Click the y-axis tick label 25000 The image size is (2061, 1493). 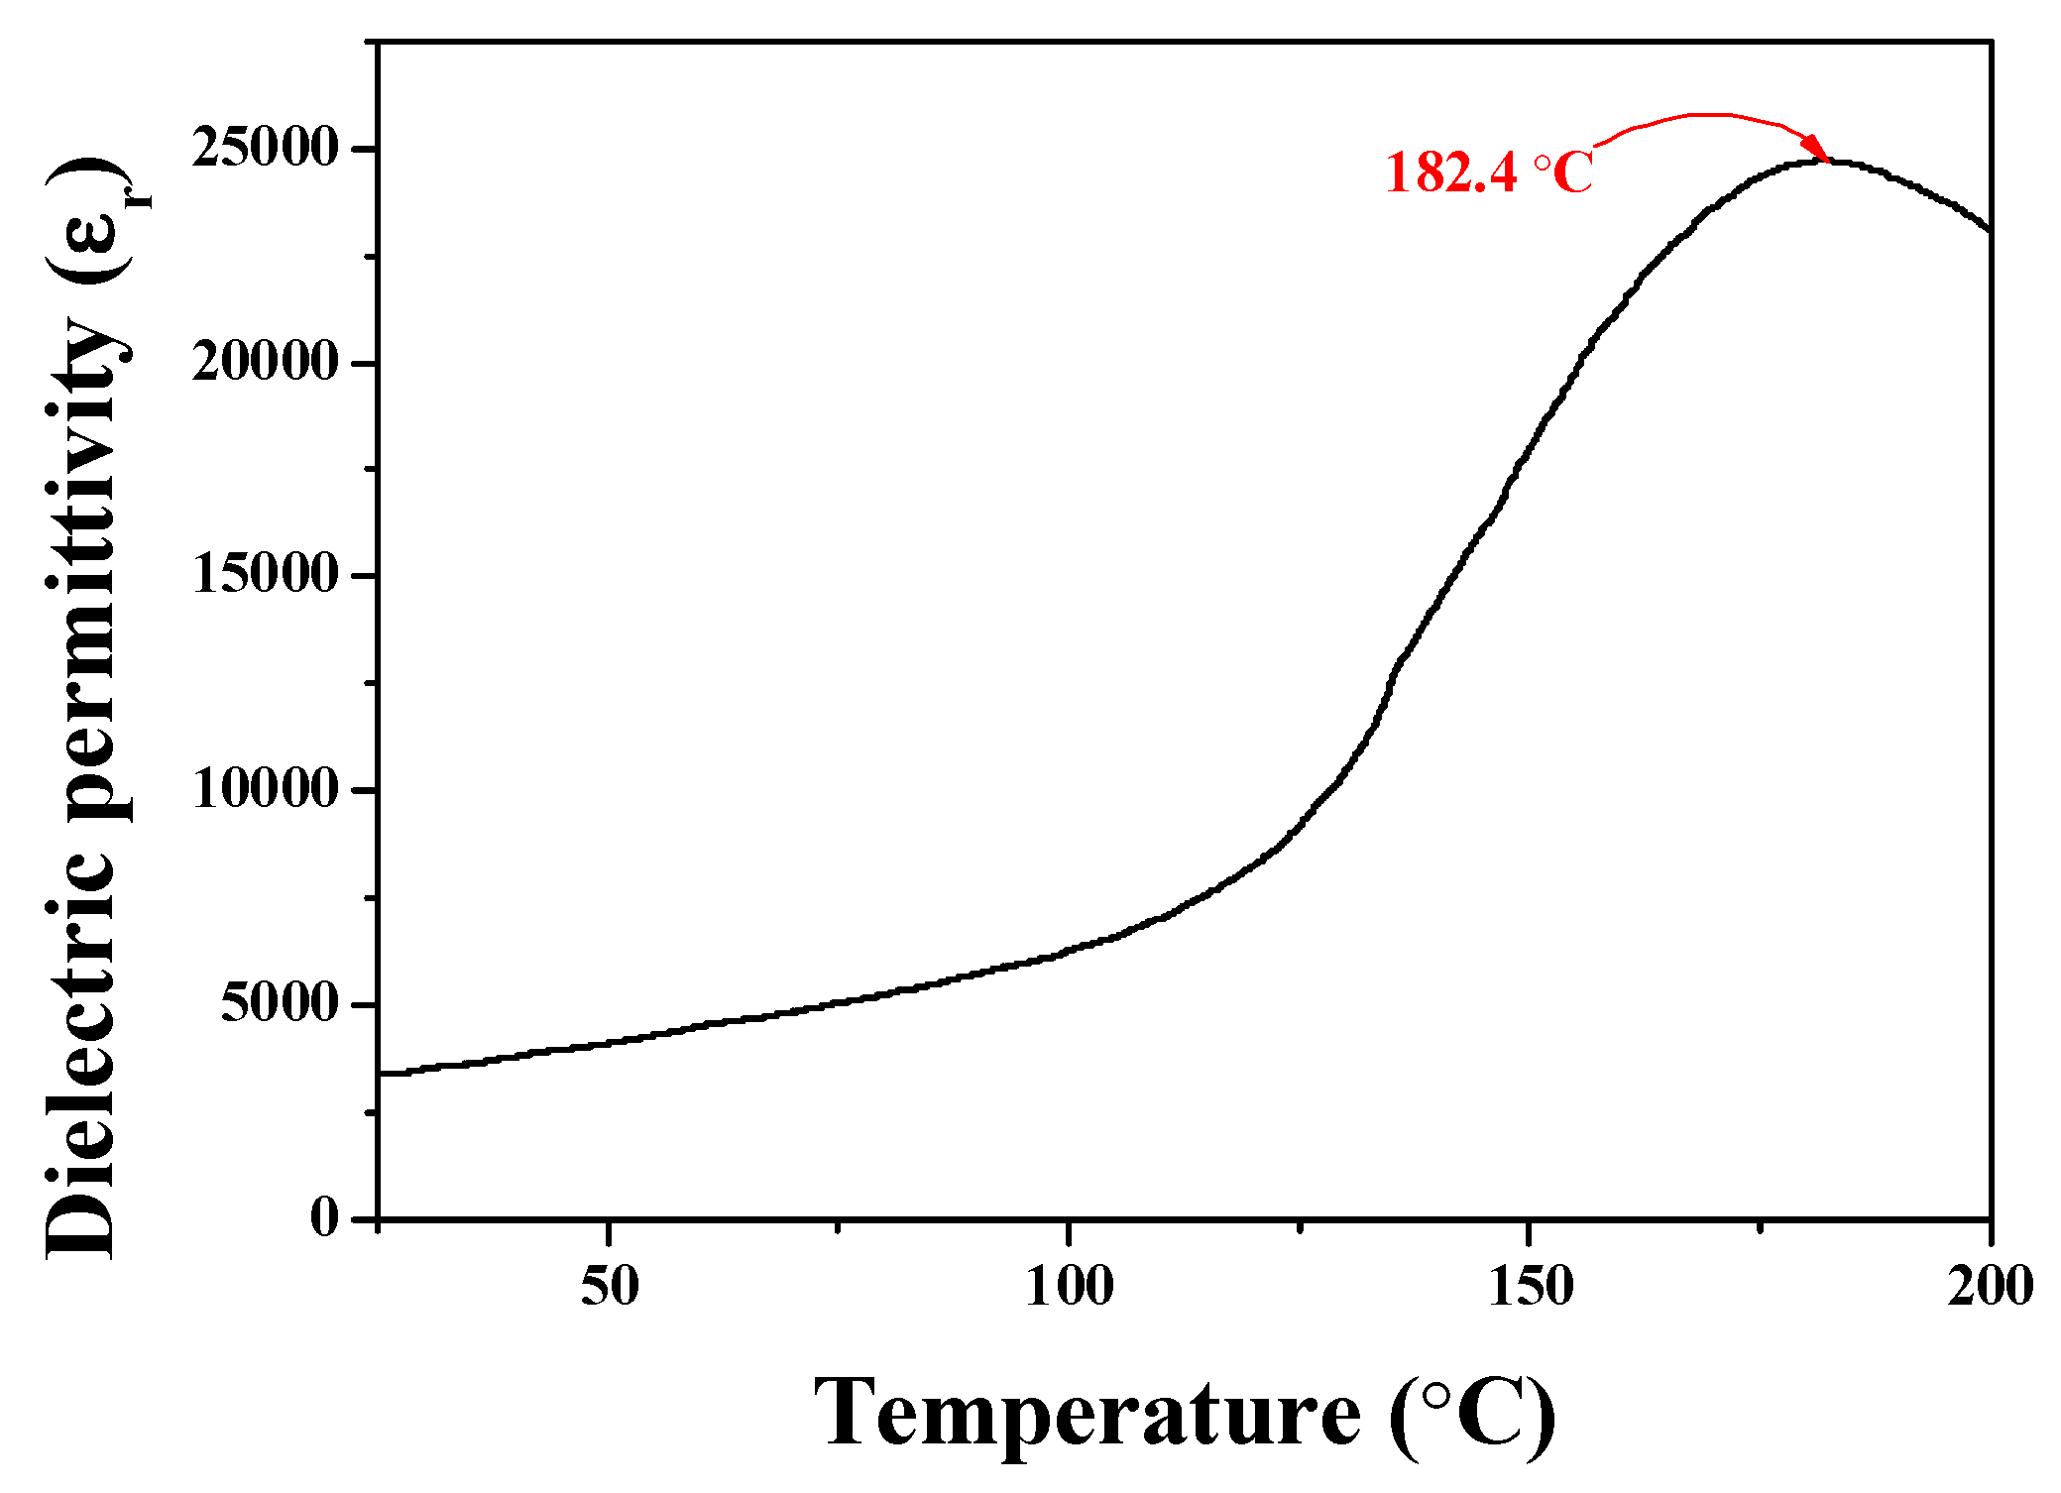click(265, 149)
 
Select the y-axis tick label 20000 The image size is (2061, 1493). click(265, 362)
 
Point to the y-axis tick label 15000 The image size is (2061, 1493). click(265, 575)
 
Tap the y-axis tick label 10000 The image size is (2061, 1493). click(265, 790)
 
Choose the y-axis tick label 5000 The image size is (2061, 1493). click(279, 1003)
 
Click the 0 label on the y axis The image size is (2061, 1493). click(324, 1217)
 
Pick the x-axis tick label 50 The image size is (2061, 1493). click(609, 1287)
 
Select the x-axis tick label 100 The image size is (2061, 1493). click(1069, 1287)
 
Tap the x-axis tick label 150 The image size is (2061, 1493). click(1530, 1287)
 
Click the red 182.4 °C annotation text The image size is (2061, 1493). click(1487, 172)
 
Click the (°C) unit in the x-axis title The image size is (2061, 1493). click(1472, 1416)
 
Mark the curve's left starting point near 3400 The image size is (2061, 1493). click(382, 1073)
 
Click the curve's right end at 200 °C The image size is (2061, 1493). click(1988, 229)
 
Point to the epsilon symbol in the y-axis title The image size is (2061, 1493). click(84, 233)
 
